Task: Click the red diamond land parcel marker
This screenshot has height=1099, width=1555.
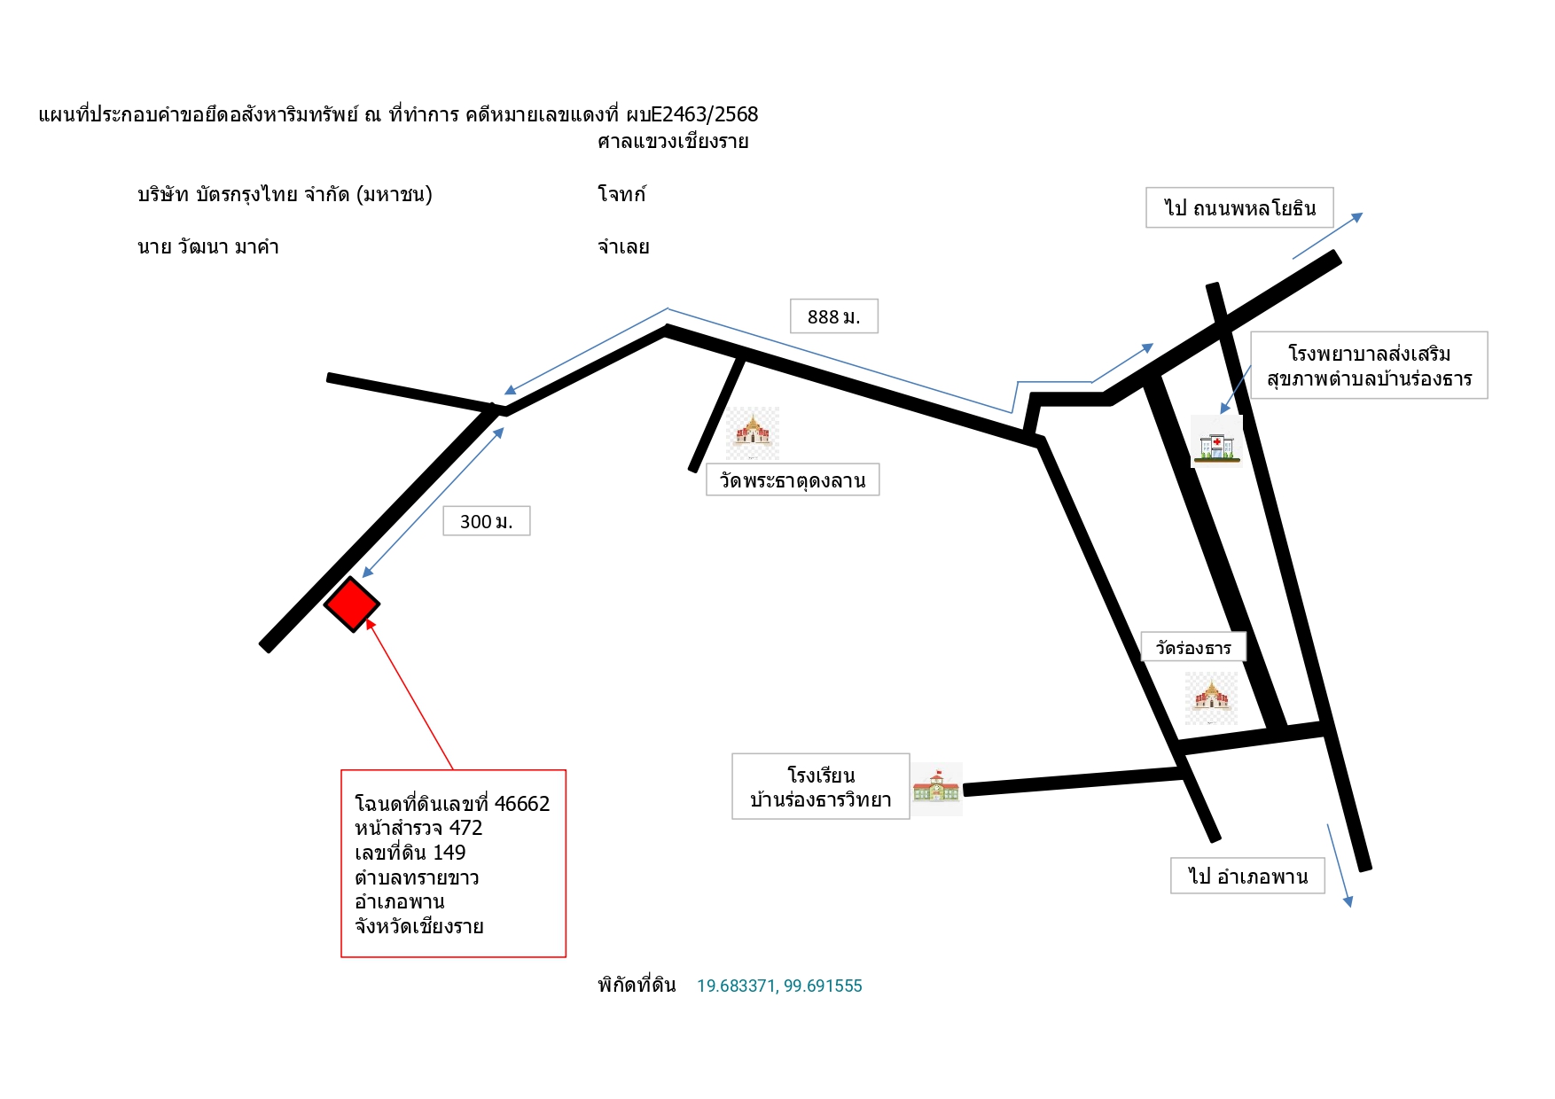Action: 352,604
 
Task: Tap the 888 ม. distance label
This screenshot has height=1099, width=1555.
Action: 834,316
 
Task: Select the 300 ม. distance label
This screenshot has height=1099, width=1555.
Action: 487,521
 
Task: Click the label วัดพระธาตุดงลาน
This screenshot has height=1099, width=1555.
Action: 793,480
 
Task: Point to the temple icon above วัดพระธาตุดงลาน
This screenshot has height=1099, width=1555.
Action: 753,433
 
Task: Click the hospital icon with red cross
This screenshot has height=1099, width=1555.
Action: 1216,441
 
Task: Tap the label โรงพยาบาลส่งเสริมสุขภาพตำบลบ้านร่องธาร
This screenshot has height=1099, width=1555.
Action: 1370,366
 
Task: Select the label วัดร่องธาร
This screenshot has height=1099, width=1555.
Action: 1193,648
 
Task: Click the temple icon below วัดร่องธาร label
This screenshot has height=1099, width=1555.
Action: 1211,698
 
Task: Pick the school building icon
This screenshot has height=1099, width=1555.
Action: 937,788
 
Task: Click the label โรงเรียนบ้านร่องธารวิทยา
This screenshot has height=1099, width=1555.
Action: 821,787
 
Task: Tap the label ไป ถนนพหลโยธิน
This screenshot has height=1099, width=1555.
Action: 1240,208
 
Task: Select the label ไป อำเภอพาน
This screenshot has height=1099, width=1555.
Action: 1248,876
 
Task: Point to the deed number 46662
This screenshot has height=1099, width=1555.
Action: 522,804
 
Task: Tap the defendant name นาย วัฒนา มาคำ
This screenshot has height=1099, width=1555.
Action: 208,247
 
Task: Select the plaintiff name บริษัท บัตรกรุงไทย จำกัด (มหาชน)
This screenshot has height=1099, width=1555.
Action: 285,194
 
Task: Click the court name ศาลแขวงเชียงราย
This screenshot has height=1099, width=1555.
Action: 673,142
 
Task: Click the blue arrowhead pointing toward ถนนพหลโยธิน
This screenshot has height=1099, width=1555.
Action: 1356,217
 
